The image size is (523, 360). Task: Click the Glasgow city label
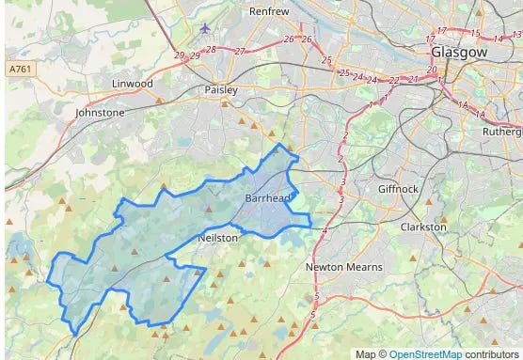[x=460, y=53]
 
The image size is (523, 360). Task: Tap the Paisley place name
[x=221, y=90]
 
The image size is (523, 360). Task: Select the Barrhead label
[x=267, y=199]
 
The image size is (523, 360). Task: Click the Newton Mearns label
[x=344, y=267]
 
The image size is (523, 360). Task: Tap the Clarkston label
[x=423, y=227]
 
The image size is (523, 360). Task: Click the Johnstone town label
[x=101, y=112]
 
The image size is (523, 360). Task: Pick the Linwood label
[x=132, y=84]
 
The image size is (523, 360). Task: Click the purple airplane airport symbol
[x=206, y=28]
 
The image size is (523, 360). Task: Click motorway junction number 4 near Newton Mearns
[x=324, y=230]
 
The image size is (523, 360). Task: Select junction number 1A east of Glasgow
[x=462, y=105]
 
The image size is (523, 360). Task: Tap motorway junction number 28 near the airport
[x=211, y=50]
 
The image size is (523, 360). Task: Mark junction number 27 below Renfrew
[x=241, y=50]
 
